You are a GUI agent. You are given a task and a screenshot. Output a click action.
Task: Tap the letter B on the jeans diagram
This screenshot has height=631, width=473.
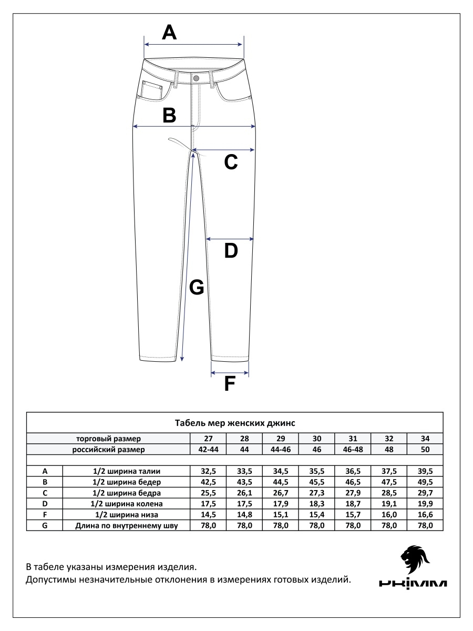169,115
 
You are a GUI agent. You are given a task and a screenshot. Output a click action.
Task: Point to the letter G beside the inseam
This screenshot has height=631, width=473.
196,287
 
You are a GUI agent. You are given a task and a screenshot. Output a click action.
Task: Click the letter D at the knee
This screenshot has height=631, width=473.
231,251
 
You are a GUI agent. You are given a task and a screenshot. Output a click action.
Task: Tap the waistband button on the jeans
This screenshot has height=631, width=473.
196,78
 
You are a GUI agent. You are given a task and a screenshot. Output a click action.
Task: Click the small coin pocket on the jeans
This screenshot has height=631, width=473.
152,91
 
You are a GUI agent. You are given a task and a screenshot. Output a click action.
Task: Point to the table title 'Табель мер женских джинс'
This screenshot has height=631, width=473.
234,422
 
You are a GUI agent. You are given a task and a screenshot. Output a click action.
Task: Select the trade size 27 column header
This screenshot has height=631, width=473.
208,439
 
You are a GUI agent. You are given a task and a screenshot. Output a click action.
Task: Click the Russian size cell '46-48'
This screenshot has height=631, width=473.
353,450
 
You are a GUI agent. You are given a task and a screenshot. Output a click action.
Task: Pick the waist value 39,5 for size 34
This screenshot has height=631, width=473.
425,471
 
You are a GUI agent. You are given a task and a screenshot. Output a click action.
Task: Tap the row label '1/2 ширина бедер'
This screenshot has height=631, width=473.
126,482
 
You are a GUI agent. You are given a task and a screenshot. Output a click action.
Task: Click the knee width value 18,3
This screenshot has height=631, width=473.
317,504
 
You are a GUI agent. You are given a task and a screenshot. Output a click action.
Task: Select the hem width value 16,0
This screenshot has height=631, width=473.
389,514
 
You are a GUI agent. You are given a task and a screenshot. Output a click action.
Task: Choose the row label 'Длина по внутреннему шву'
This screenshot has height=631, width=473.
126,525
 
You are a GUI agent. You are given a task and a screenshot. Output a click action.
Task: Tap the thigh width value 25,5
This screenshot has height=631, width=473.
208,493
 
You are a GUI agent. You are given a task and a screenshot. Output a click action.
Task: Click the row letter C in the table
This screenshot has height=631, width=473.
45,493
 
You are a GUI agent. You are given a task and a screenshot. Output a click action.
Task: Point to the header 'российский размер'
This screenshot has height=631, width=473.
108,450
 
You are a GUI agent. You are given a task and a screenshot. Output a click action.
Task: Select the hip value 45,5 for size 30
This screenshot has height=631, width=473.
317,482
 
